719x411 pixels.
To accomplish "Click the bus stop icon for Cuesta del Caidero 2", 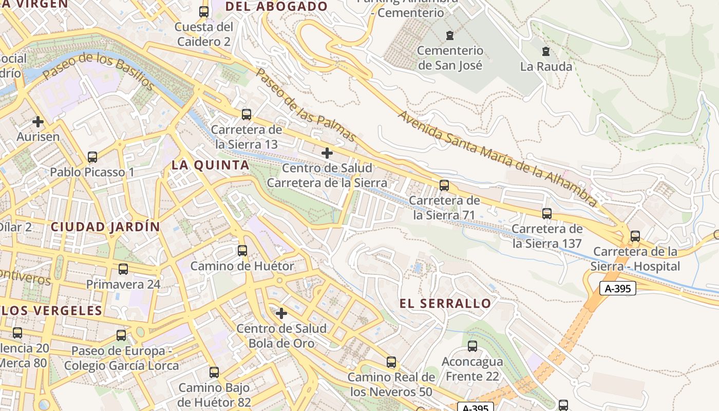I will (204, 12).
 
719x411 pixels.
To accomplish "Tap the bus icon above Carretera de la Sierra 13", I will (247, 115).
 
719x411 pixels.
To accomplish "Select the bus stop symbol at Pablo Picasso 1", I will (92, 157).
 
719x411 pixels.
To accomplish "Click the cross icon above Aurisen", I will (38, 122).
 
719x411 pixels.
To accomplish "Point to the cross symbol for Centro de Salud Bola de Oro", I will (281, 313).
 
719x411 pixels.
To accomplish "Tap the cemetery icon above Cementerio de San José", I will (450, 35).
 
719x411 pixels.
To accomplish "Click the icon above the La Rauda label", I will (545, 51).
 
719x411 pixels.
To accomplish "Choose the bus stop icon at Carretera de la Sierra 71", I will (444, 185).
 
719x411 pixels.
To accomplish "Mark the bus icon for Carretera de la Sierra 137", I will (547, 214).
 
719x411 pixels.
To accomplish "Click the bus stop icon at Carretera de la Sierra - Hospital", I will (635, 236).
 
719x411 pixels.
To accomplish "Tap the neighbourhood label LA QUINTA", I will (211, 165).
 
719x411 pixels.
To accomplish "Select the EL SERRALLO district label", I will (445, 304).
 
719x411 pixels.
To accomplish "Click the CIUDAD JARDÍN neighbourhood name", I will (105, 227).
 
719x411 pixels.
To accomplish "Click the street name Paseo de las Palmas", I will (306, 105).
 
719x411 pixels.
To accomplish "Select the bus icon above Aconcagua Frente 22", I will (472, 346).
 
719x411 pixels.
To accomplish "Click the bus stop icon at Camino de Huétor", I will (242, 251).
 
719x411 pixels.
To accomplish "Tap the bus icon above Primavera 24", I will (123, 269).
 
